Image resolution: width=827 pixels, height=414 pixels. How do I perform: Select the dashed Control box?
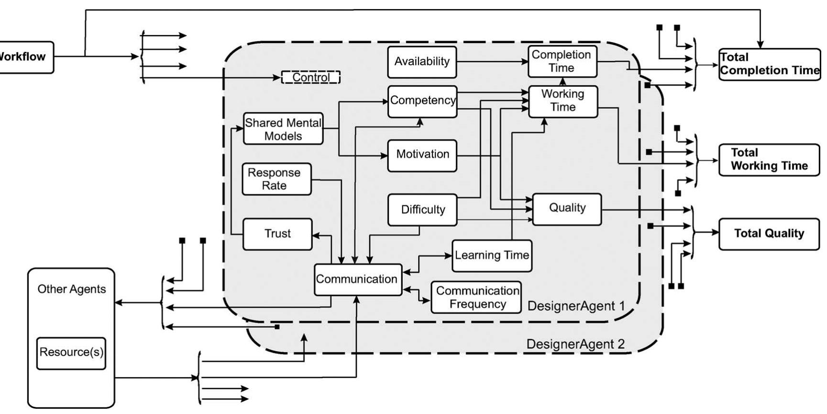311,77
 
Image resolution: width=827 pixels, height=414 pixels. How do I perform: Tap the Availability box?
422,62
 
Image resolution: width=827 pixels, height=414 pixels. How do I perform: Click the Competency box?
422,101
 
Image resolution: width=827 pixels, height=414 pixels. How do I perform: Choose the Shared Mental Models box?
283,129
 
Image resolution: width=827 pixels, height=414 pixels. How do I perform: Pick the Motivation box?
422,155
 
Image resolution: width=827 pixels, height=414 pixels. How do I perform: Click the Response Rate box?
276,179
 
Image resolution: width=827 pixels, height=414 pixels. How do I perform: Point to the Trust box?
277,234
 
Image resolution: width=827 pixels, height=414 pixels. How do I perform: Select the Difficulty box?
423,210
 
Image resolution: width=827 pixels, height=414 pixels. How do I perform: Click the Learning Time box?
492,256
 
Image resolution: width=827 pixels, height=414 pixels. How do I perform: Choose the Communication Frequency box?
476,298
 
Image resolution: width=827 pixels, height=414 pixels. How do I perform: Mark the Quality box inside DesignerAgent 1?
567,209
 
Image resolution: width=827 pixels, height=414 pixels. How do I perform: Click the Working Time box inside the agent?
563,101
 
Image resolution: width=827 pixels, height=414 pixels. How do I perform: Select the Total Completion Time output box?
769,64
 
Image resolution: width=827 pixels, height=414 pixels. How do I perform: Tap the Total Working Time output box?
769,160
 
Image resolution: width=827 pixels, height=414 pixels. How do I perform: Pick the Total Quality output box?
769,234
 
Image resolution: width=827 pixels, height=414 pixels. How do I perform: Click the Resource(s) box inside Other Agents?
71,353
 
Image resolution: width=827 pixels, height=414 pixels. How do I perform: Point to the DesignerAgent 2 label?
575,344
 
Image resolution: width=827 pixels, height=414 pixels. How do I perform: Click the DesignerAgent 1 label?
576,306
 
